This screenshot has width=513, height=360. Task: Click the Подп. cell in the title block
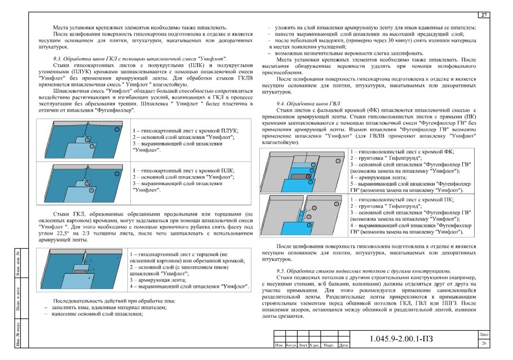pyautogui.click(x=328, y=345)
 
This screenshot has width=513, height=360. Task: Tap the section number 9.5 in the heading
pyautogui.click(x=280, y=271)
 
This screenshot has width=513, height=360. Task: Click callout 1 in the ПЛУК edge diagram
pyautogui.click(x=117, y=129)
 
